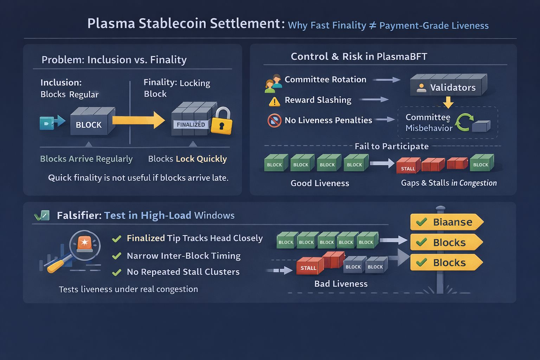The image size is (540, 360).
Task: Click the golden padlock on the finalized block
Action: [x=222, y=122]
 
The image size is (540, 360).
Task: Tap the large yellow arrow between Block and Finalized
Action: [x=139, y=120]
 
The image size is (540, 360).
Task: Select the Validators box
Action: [x=448, y=86]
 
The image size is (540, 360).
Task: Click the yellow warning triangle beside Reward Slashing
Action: [x=274, y=101]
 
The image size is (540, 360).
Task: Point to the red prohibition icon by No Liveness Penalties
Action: [x=274, y=121]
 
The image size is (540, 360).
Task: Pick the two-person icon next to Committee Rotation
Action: [x=274, y=83]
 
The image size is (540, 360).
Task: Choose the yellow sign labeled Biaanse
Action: [x=446, y=222]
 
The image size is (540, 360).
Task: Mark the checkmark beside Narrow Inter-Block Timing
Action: [x=116, y=256]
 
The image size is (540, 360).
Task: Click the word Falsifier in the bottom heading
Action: [x=79, y=215]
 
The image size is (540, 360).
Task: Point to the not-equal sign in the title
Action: [x=373, y=25]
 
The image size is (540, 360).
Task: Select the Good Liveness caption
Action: [x=320, y=183]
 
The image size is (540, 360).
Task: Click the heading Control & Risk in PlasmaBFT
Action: [x=359, y=57]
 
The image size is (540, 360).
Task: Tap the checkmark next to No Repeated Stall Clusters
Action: [x=116, y=272]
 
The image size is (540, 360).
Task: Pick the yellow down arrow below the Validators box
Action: [x=448, y=102]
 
